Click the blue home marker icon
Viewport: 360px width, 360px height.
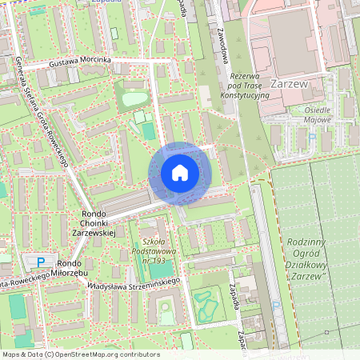180,173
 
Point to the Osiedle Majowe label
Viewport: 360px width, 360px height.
325,115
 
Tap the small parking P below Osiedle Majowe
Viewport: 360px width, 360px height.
313,137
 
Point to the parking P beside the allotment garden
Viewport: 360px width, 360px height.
276,305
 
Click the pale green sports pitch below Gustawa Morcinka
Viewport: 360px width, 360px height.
135,98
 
